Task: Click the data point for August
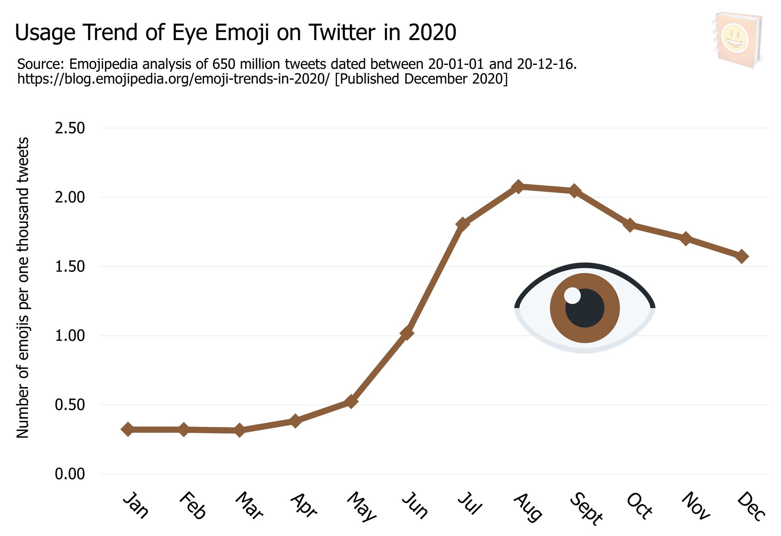[518, 187]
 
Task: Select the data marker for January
[127, 429]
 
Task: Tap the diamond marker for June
[407, 333]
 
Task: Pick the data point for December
[742, 256]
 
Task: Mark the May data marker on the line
[351, 401]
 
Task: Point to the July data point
[462, 224]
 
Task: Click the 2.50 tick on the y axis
[70, 128]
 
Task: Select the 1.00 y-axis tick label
[70, 335]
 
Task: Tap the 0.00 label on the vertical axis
[70, 474]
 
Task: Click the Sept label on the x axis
[586, 508]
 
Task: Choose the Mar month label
[249, 506]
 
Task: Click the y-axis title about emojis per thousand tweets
[23, 287]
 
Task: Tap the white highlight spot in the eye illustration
[572, 296]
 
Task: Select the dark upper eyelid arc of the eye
[585, 267]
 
